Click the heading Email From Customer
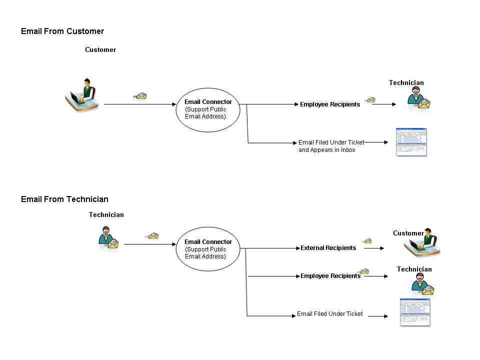[x=62, y=31]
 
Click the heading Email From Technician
[x=64, y=199]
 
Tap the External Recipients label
[x=328, y=248]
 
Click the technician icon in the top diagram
[x=418, y=98]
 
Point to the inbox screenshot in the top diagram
[x=411, y=142]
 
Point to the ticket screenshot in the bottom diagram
[x=415, y=312]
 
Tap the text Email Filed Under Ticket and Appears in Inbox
[x=331, y=146]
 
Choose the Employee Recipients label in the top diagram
[x=330, y=104]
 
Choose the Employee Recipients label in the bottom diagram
[x=330, y=276]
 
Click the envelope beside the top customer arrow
[x=140, y=95]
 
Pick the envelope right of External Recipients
[x=367, y=241]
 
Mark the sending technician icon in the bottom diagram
[x=108, y=239]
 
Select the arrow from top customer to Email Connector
[x=140, y=104]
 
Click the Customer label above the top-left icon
[x=100, y=50]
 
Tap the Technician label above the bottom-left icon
[x=106, y=215]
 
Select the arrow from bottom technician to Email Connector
[x=150, y=244]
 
